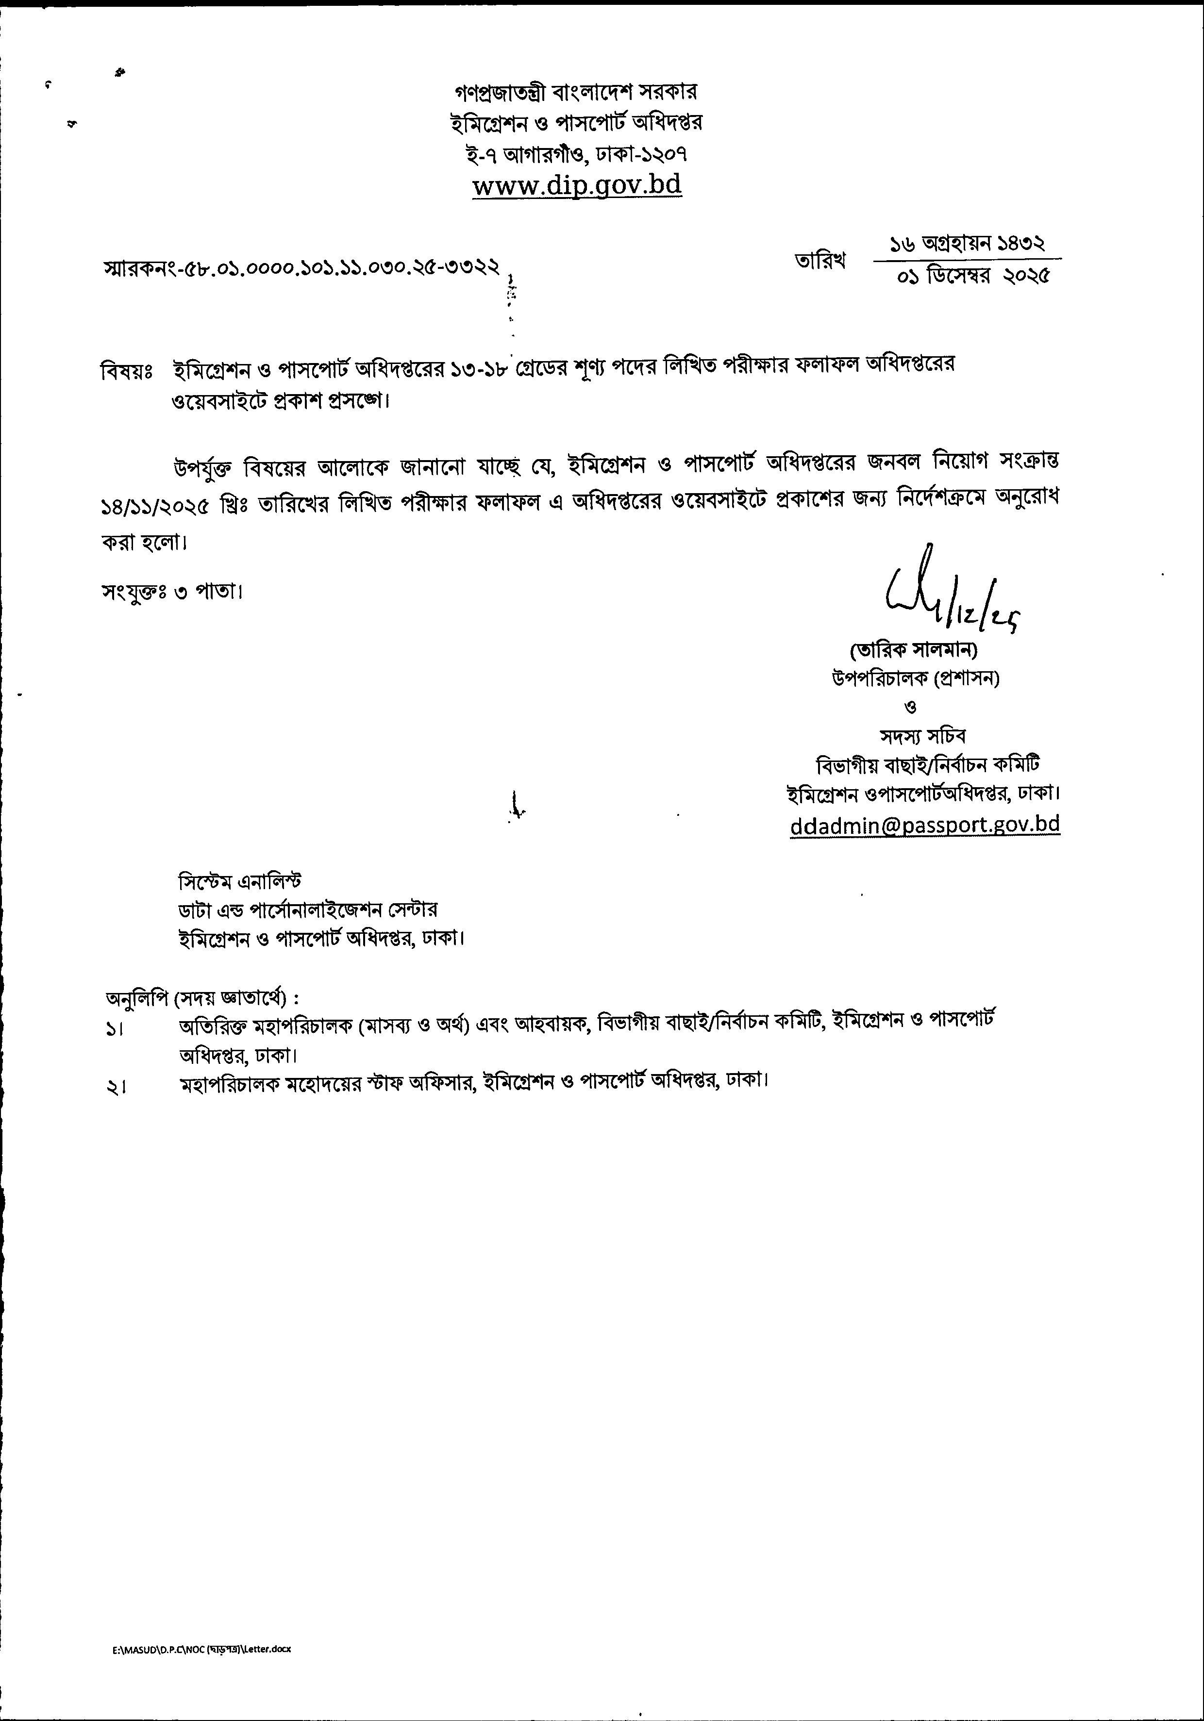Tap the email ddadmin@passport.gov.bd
924,824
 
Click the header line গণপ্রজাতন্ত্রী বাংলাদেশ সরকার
576,92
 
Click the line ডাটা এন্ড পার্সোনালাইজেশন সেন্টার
307,909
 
